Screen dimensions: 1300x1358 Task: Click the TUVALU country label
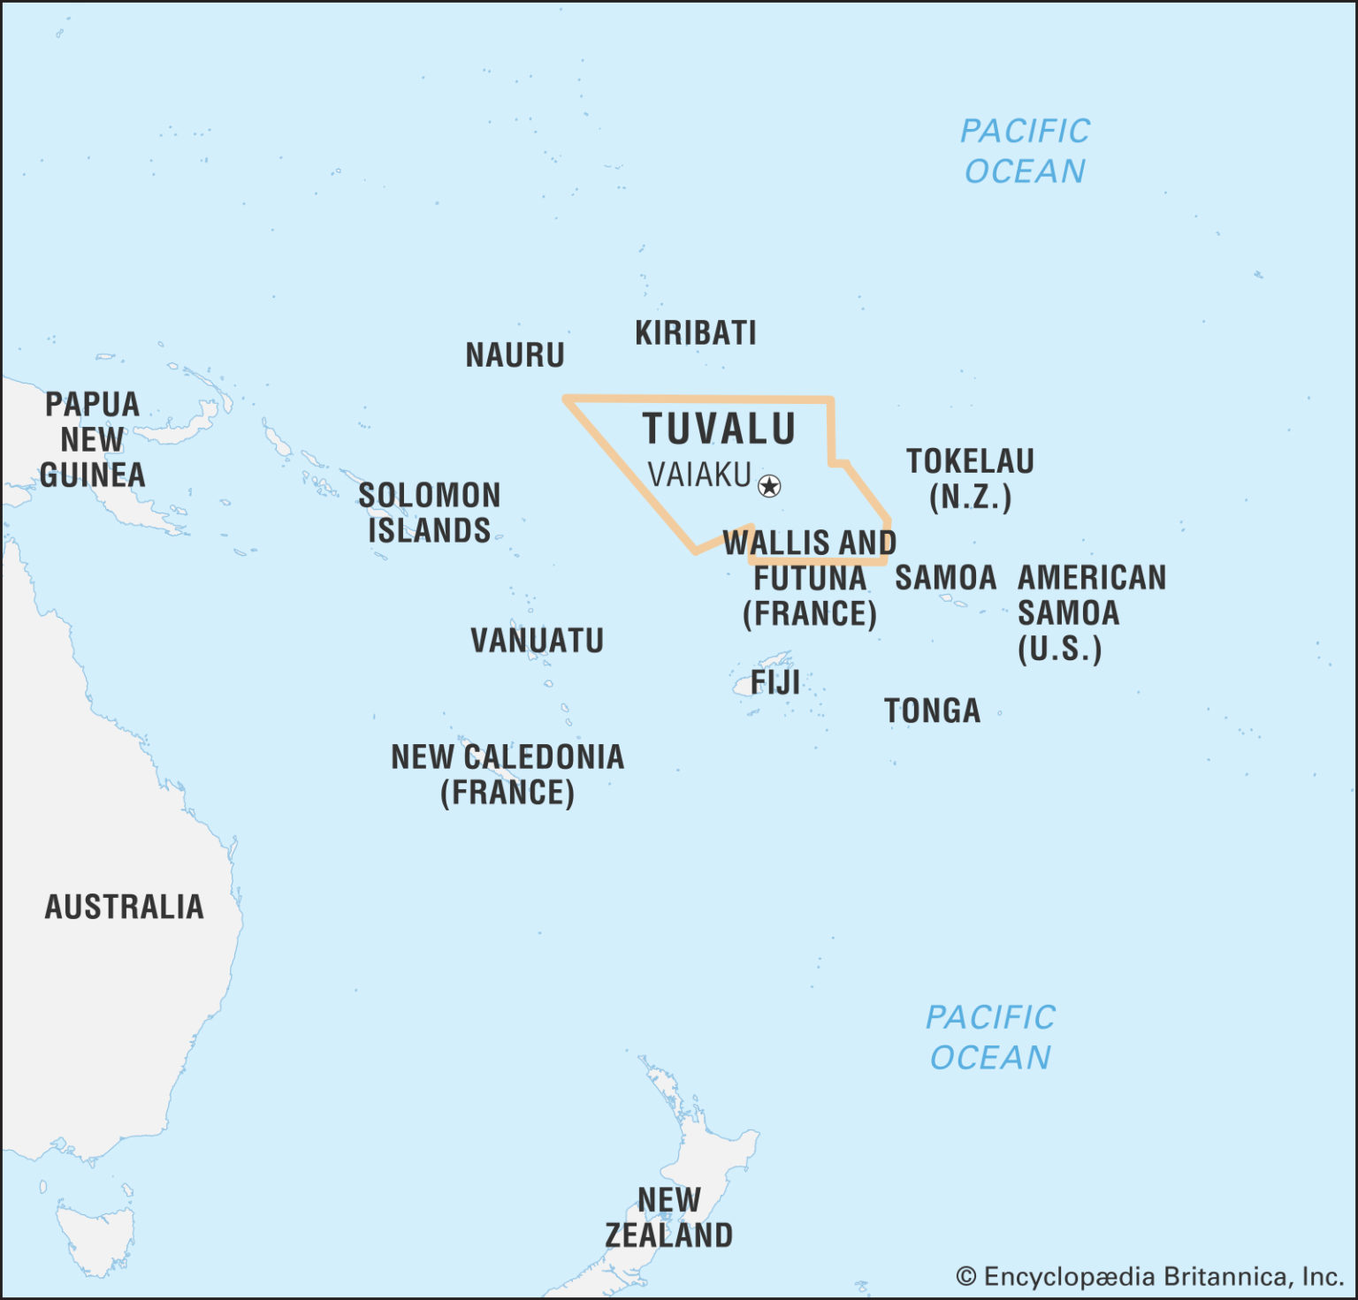coord(719,430)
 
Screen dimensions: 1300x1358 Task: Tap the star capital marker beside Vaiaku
coord(770,485)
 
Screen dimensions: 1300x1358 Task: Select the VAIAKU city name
coord(698,475)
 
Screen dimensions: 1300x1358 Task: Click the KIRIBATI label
coord(696,333)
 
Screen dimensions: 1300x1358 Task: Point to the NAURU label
coord(515,355)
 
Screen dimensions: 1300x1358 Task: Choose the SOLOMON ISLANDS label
coord(429,513)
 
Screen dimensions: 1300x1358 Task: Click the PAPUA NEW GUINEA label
coord(92,439)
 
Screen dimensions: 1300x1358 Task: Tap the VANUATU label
coord(537,641)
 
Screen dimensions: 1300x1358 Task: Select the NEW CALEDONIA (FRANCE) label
coord(507,774)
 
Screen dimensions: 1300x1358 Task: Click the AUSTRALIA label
coord(124,907)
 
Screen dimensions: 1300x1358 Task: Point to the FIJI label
coord(774,682)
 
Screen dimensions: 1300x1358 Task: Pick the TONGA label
coord(932,711)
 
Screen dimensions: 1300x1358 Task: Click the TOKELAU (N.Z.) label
coord(970,479)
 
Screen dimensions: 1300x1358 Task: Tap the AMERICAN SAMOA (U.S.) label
coord(1091,613)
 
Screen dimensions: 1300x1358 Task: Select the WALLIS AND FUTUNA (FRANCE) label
coord(809,578)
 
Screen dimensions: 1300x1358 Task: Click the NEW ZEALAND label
coord(669,1218)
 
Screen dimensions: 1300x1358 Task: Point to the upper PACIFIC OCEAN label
coord(1025,151)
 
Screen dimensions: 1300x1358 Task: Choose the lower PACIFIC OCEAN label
coord(990,1038)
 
